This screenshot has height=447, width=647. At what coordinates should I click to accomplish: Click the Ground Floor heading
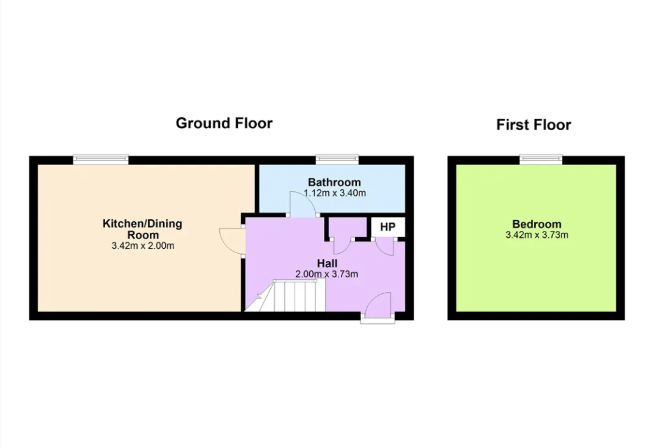point(224,124)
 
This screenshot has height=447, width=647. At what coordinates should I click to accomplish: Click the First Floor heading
point(534,124)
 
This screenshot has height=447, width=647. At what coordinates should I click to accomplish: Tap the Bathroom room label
point(334,182)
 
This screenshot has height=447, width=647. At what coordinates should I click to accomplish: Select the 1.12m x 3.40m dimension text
point(335,193)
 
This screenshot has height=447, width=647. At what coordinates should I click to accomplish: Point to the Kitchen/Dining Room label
point(142,229)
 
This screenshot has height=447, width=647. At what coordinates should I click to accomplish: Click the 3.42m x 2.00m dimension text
point(143,246)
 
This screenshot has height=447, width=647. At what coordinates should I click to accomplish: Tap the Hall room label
point(327,263)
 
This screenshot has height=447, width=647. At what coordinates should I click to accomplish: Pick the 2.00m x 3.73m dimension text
point(326,274)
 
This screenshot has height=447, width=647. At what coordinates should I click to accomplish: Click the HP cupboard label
point(388,227)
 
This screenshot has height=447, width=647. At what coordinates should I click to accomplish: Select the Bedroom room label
point(537,224)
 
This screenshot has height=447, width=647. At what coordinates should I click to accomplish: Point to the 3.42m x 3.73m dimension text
point(537,235)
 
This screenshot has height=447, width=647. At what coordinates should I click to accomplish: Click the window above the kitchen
point(101,159)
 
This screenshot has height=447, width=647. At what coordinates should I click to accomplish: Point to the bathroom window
point(337,159)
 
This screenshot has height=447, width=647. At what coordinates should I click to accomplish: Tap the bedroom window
point(541,159)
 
